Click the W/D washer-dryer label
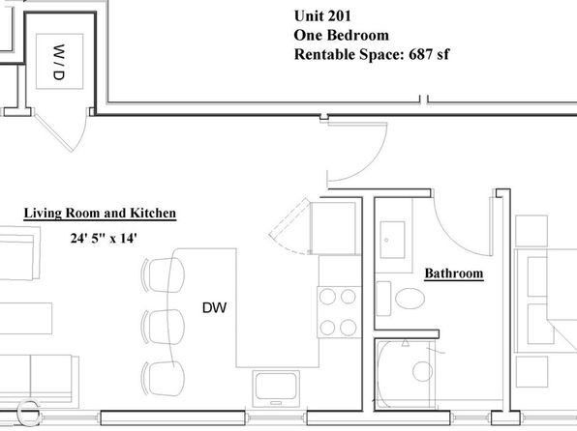pos(59,62)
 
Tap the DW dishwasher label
pos(215,307)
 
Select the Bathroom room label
pos(454,273)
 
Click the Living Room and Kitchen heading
pos(100,214)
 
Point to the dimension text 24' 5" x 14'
pos(104,238)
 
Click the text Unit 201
pos(322,15)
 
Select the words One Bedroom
pos(341,36)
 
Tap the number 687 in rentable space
pos(420,54)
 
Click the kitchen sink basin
pos(276,386)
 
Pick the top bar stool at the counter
pos(163,274)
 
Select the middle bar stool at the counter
pos(163,327)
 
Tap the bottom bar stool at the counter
pos(163,378)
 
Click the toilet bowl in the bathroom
pos(410,299)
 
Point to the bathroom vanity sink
pos(392,240)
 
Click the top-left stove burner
pos(327,297)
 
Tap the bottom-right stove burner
pos(349,328)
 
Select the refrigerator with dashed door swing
pos(333,228)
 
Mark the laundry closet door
pos(52,133)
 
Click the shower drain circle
pos(422,371)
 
